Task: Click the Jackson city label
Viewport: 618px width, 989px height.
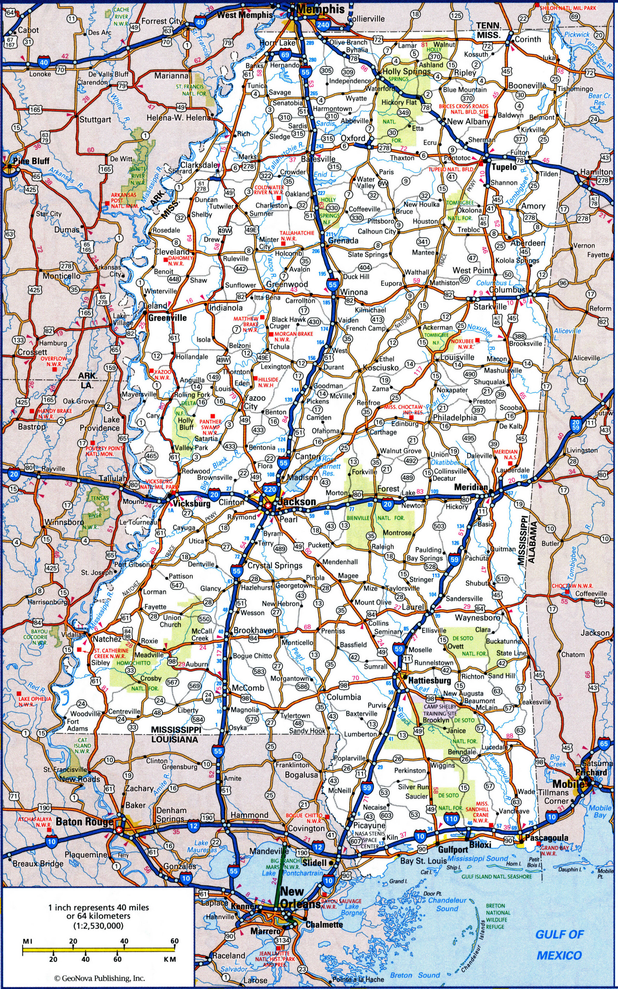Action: click(297, 502)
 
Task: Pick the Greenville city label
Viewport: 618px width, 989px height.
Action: click(168, 318)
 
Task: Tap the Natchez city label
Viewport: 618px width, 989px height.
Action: click(107, 639)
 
